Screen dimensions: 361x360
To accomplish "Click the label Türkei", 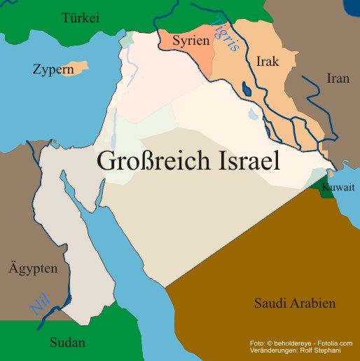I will (x=81, y=18).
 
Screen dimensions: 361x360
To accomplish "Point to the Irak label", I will (x=268, y=62).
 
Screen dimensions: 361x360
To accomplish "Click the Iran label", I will (x=338, y=79).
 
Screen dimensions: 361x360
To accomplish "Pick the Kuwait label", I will (x=338, y=187).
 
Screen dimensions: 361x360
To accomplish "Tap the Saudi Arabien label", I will (x=294, y=304).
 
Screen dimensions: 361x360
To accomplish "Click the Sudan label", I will (x=67, y=343).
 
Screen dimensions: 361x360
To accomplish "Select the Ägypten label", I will (x=32, y=268).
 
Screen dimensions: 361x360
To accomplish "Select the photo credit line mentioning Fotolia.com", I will (x=300, y=343).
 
